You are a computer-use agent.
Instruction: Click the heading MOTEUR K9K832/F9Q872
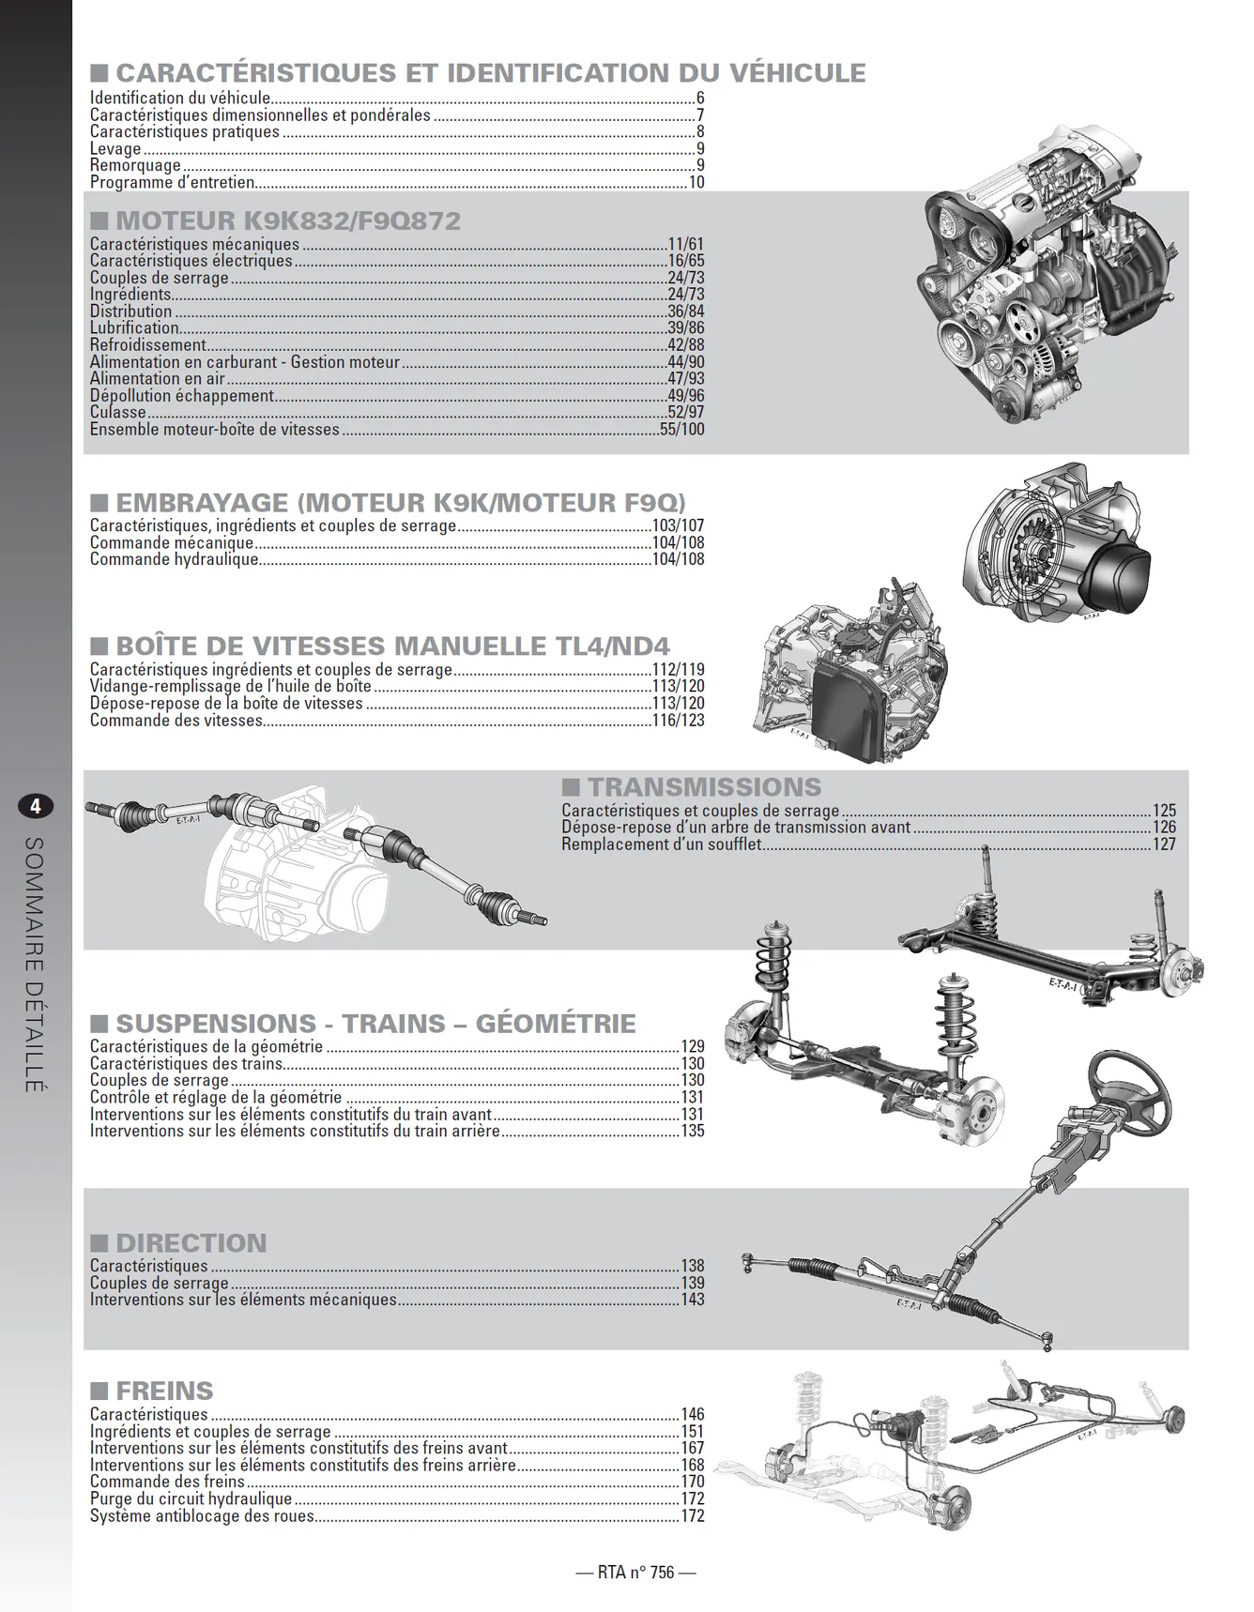(x=288, y=221)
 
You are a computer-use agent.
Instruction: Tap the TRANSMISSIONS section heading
(x=704, y=786)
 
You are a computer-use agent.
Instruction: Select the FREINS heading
(x=164, y=1391)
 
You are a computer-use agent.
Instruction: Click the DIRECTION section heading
(x=191, y=1243)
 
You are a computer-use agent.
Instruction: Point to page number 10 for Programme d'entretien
(x=696, y=182)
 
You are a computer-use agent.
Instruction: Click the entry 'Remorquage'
(x=135, y=165)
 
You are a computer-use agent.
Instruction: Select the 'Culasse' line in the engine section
(x=118, y=412)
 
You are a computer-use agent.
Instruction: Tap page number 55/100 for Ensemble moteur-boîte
(x=681, y=429)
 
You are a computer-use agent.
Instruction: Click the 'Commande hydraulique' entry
(x=175, y=559)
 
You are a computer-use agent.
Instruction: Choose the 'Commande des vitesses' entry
(x=176, y=721)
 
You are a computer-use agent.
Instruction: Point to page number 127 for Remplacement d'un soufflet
(x=1164, y=844)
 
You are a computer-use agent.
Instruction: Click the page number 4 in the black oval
(x=36, y=806)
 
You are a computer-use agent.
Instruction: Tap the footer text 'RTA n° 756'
(x=635, y=1572)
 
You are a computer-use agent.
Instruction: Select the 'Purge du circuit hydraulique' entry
(x=191, y=1498)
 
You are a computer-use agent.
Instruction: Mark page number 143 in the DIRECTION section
(x=693, y=1300)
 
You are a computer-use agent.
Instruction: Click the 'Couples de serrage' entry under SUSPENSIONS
(x=160, y=1080)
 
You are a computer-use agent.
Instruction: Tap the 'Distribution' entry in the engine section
(x=131, y=312)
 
